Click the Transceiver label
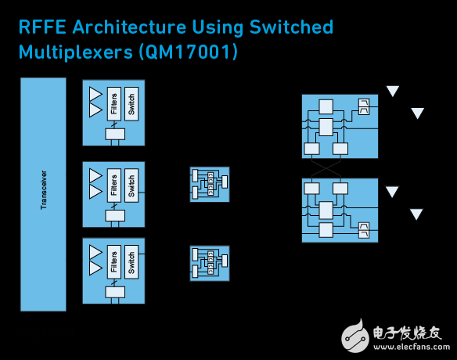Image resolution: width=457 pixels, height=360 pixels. [x=43, y=190]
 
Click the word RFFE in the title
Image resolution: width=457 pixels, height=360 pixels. [x=42, y=27]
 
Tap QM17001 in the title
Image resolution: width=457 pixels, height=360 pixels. [x=188, y=52]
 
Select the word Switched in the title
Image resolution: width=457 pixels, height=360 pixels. [x=291, y=27]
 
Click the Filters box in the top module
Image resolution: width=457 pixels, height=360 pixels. [x=114, y=104]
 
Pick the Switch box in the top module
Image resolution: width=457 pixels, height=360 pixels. [x=131, y=104]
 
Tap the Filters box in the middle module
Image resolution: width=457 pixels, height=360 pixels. [x=114, y=185]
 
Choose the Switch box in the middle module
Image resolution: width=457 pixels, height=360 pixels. [x=131, y=185]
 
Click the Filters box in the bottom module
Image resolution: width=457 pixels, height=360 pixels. [x=114, y=261]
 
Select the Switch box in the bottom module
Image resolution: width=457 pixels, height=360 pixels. [x=131, y=261]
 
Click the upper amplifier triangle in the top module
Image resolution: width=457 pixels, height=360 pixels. [x=95, y=94]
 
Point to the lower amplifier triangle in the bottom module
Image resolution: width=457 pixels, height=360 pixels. [x=95, y=268]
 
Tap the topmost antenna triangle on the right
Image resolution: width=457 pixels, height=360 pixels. [x=393, y=91]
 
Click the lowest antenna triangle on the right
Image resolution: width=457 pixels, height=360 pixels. [x=416, y=214]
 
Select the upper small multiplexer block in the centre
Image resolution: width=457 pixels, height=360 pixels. [x=210, y=185]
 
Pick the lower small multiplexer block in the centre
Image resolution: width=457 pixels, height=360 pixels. [x=210, y=264]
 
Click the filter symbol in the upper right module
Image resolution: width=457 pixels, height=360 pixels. [x=363, y=106]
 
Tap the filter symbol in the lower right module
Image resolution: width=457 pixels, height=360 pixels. [x=363, y=230]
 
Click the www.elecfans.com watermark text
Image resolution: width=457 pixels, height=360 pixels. [x=412, y=347]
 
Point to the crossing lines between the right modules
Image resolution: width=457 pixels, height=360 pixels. [x=326, y=168]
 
